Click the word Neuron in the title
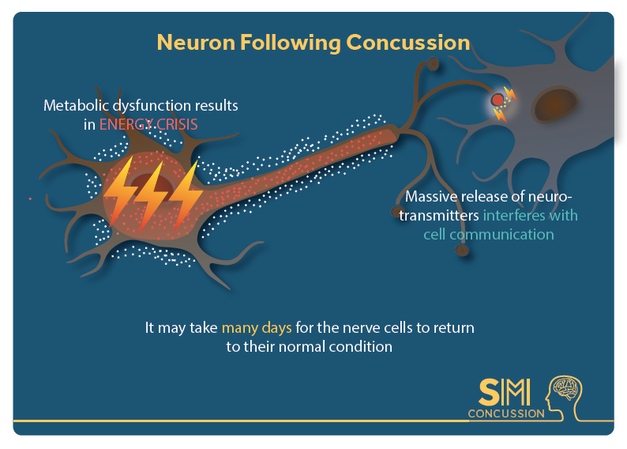196,43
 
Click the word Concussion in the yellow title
408,43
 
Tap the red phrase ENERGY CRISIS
148,124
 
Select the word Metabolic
76,106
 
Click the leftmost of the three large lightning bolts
118,192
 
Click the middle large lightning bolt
150,196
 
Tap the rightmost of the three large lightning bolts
186,195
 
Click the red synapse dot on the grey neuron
497,100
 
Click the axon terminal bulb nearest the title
433,63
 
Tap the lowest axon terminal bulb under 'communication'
462,250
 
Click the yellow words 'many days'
257,328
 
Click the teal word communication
501,235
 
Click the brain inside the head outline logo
566,388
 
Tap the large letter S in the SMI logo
489,392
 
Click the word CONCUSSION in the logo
506,413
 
